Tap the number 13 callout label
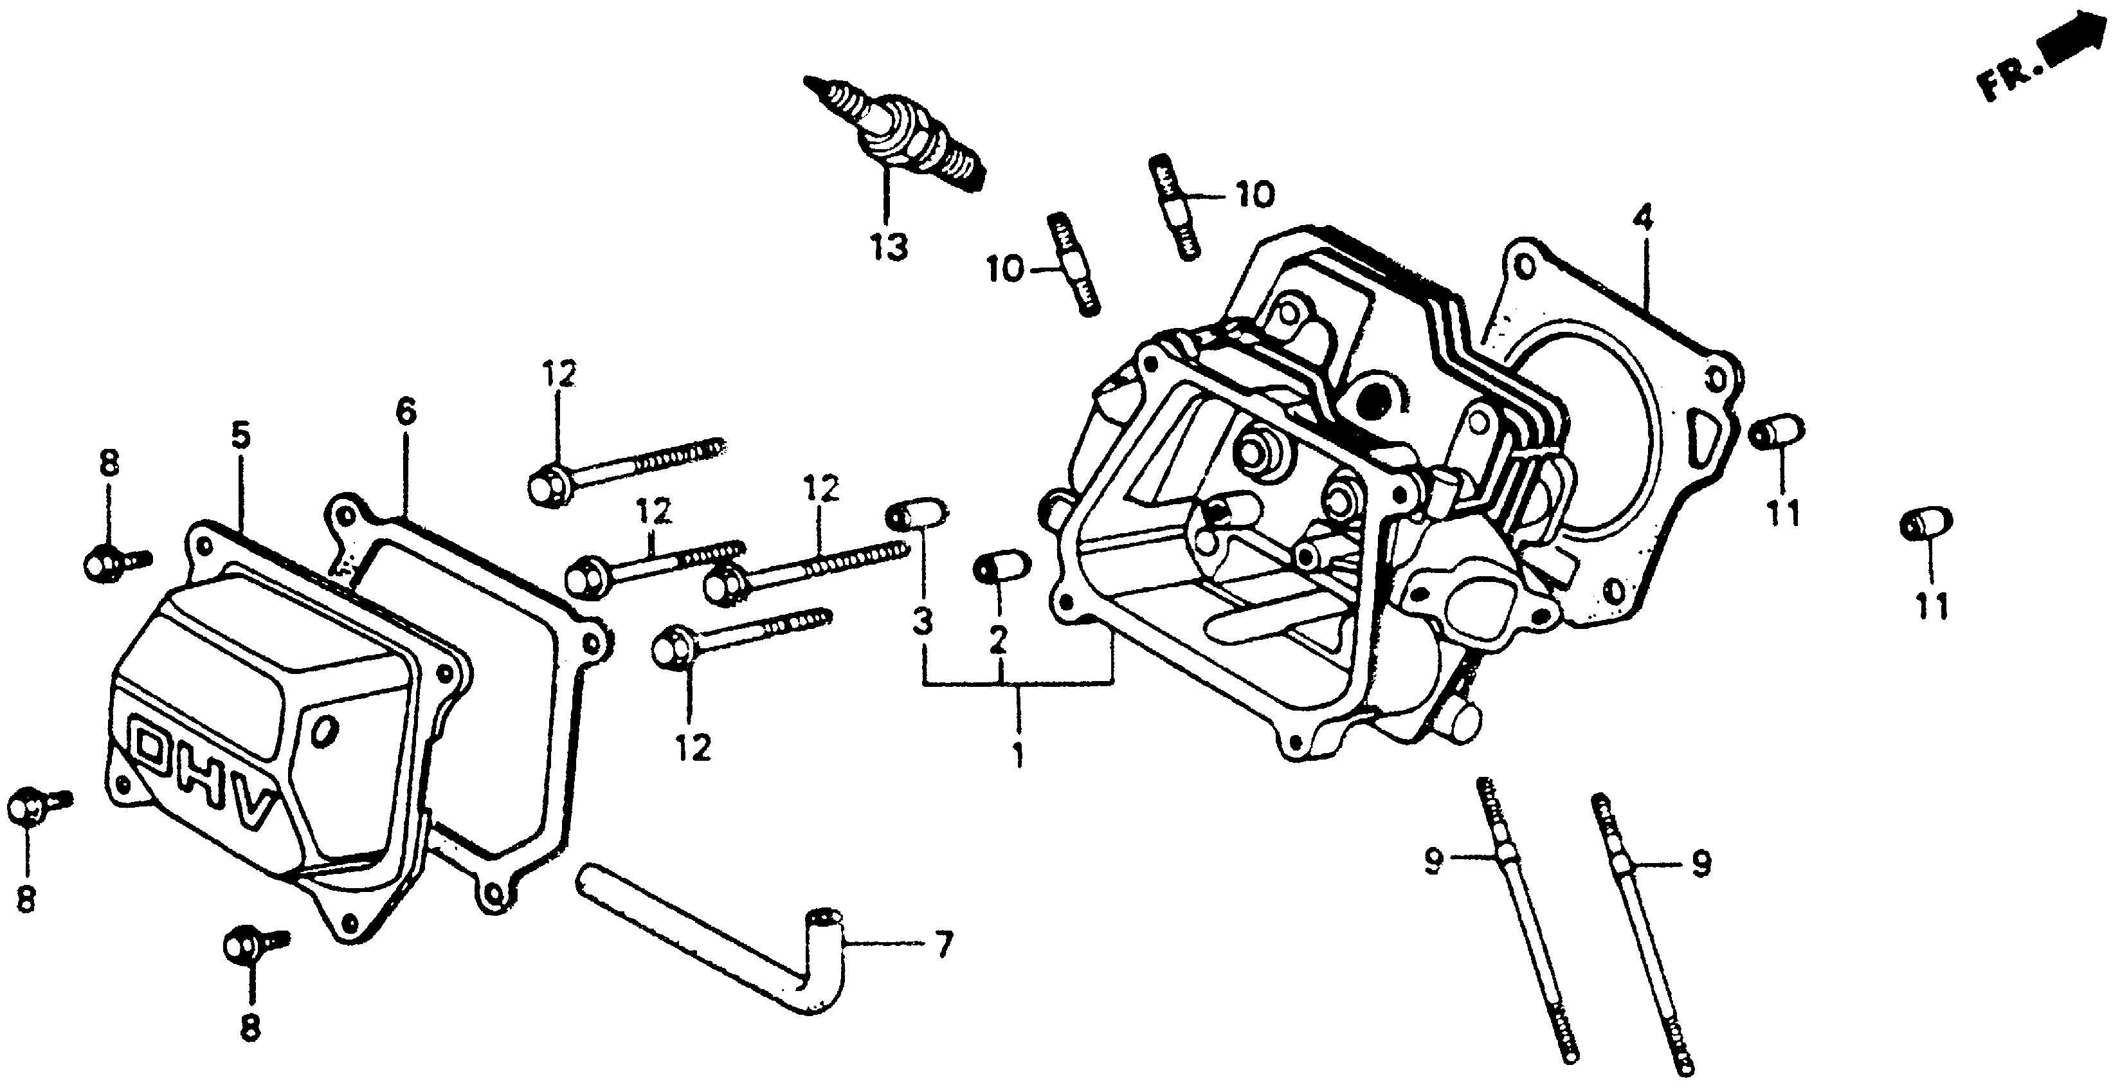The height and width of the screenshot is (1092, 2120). click(x=889, y=246)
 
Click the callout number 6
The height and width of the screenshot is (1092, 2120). click(x=406, y=412)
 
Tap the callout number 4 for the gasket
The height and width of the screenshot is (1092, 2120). click(x=1643, y=219)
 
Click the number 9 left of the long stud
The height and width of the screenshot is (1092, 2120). click(x=1435, y=862)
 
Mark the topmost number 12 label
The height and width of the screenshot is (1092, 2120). click(x=559, y=374)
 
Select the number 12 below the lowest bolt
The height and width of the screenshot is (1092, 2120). click(x=693, y=748)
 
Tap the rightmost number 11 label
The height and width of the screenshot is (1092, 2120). click(x=1931, y=607)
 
